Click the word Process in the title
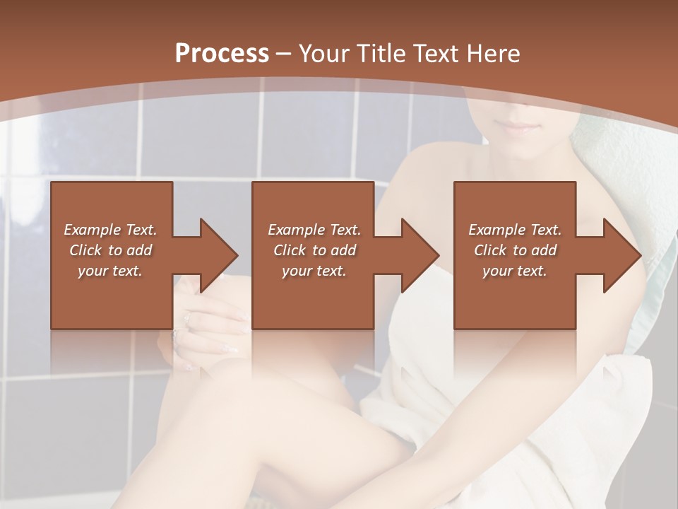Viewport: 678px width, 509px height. click(222, 54)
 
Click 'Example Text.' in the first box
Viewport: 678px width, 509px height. click(110, 230)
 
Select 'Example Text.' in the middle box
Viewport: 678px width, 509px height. click(314, 230)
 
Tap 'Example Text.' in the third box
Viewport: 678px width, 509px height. click(515, 230)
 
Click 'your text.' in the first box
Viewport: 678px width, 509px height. click(110, 271)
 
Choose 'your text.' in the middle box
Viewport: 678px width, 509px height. click(314, 271)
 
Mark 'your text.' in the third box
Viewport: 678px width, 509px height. click(515, 271)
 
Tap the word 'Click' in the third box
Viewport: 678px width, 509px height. click(490, 250)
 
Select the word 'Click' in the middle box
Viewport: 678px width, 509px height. click(290, 250)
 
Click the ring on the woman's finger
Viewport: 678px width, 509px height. click(187, 320)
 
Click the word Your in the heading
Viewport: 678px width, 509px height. click(322, 54)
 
